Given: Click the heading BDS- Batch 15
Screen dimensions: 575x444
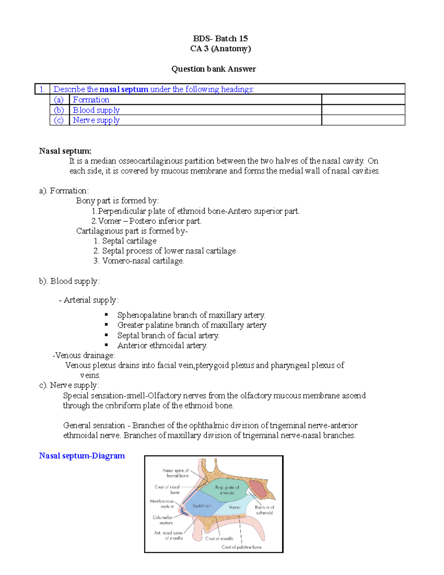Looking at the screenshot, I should [220, 39].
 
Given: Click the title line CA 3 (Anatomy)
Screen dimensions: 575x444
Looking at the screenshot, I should [220, 49].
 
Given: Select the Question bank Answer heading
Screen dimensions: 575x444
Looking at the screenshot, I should [213, 69].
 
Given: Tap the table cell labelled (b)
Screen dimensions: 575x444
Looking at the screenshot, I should [59, 110].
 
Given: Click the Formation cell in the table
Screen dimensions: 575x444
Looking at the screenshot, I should [91, 100].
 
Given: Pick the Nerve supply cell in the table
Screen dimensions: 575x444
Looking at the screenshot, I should [96, 120].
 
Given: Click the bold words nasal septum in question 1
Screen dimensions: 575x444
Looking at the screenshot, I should [124, 89].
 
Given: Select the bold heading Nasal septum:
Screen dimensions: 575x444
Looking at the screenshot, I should [65, 151].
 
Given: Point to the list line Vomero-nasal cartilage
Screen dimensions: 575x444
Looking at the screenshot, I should [143, 261].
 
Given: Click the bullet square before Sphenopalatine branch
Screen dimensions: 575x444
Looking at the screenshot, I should [106, 315].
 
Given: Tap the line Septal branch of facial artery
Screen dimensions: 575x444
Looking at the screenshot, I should [168, 335].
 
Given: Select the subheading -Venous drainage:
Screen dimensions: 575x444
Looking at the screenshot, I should [84, 355].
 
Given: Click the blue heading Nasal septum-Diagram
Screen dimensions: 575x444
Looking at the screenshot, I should [82, 456].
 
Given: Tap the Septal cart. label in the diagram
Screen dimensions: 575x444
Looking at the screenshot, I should [202, 505].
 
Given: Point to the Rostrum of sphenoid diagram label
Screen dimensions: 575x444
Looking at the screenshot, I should [264, 510].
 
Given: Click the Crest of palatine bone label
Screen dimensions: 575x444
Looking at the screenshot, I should [241, 547].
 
